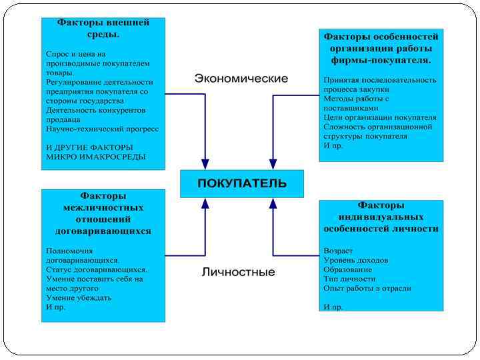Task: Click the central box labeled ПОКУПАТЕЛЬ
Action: pos(241,183)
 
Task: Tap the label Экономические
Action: pos(241,79)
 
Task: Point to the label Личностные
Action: pos(239,272)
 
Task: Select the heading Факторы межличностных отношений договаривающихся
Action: pos(103,213)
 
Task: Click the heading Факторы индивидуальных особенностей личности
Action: pos(381,217)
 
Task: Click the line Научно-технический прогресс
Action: pos(102,129)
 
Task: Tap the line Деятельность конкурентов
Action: pos(96,110)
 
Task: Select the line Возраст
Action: pos(338,251)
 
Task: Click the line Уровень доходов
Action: pos(355,261)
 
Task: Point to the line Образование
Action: pos(347,270)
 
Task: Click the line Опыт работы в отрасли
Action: pos(367,289)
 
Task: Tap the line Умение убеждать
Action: pos(79,298)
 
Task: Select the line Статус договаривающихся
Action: pos(96,270)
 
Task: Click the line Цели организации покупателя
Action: pos(380,117)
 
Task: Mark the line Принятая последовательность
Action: pos(380,80)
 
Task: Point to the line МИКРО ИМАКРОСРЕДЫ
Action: pos(95,157)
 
